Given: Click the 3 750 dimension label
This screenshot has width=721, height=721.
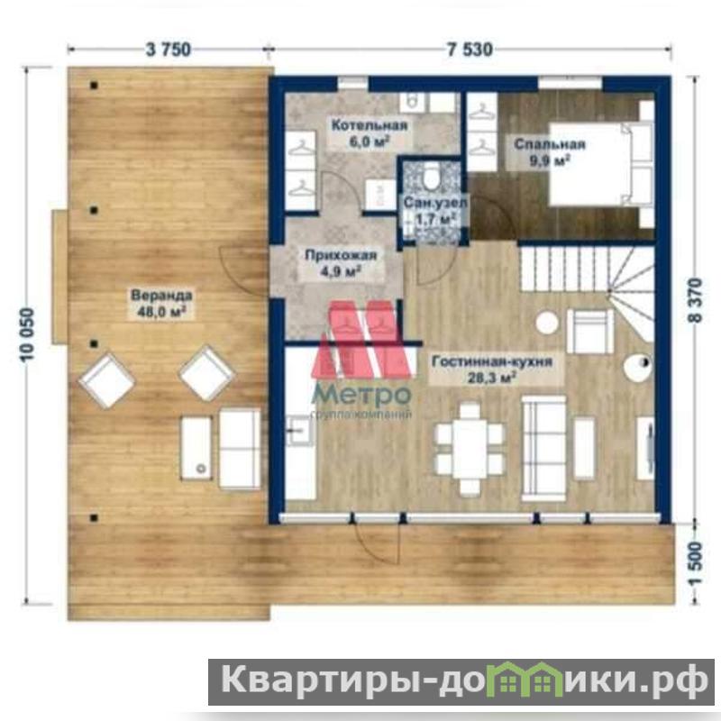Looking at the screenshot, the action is [169, 50].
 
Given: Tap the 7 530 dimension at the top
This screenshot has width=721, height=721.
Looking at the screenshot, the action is [470, 50].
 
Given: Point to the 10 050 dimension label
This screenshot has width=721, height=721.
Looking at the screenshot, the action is [28, 334].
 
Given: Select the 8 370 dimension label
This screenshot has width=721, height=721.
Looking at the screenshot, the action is [695, 301].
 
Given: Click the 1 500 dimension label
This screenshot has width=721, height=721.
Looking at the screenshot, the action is [696, 564].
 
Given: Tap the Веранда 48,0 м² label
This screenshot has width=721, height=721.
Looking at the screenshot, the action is [161, 304].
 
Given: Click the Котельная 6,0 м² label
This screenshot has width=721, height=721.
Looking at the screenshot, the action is [370, 133].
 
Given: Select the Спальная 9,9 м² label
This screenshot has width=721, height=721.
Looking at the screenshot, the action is [550, 152].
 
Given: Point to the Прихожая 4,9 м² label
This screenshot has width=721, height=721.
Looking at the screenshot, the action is [341, 263].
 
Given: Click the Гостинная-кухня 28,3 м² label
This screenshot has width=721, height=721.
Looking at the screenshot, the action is [492, 370].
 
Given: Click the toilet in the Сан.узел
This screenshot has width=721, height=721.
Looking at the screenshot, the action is [432, 176].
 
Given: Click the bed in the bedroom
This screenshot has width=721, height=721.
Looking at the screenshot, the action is [601, 164].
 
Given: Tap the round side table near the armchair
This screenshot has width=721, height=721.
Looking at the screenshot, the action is [547, 323].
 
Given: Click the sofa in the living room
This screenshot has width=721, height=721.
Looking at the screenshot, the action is [544, 448].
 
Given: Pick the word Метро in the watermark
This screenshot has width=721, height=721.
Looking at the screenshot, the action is [362, 394].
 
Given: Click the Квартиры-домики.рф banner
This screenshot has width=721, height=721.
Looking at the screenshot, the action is [461, 681].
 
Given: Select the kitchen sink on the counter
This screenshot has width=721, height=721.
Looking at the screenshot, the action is [299, 431].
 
